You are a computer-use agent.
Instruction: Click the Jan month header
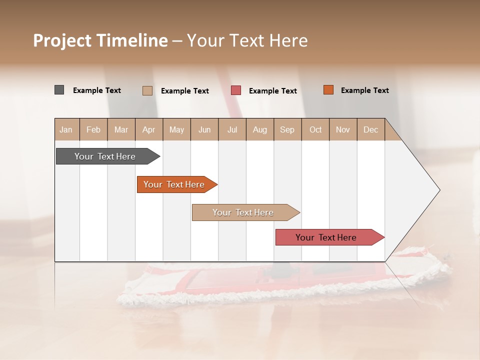click(x=66, y=129)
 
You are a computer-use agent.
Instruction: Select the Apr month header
click(x=148, y=129)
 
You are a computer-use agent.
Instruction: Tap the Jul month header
click(x=232, y=129)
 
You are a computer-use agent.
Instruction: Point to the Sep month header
click(x=287, y=129)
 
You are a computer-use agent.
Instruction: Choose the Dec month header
click(x=370, y=129)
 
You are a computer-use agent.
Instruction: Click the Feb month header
click(x=93, y=129)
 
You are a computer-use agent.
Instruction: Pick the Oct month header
click(x=315, y=129)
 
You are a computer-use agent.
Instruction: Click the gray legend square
click(x=59, y=90)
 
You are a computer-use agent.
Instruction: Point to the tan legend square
click(x=147, y=90)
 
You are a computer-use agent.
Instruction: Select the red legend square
click(x=236, y=90)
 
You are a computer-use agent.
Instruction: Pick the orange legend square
click(x=328, y=90)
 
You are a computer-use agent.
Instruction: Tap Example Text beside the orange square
click(x=364, y=90)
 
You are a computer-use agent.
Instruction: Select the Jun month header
click(x=204, y=129)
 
